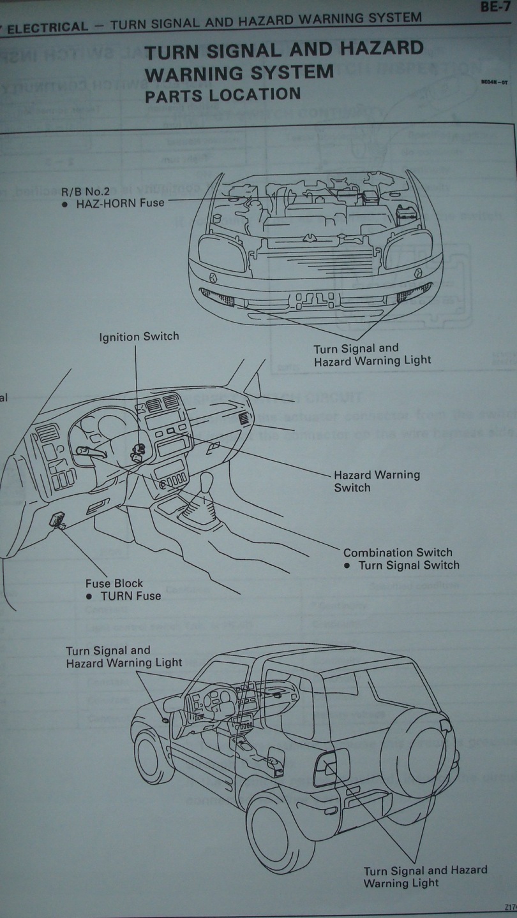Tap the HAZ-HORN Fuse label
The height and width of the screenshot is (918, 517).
[121, 203]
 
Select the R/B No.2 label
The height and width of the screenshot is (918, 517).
[86, 190]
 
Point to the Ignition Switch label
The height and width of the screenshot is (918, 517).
[139, 337]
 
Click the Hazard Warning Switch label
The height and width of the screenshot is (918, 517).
[377, 481]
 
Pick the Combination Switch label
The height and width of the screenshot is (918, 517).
[398, 553]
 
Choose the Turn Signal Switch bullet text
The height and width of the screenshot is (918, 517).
[409, 565]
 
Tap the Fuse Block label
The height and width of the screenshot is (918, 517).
[114, 583]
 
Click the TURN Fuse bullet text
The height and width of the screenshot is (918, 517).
[130, 596]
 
